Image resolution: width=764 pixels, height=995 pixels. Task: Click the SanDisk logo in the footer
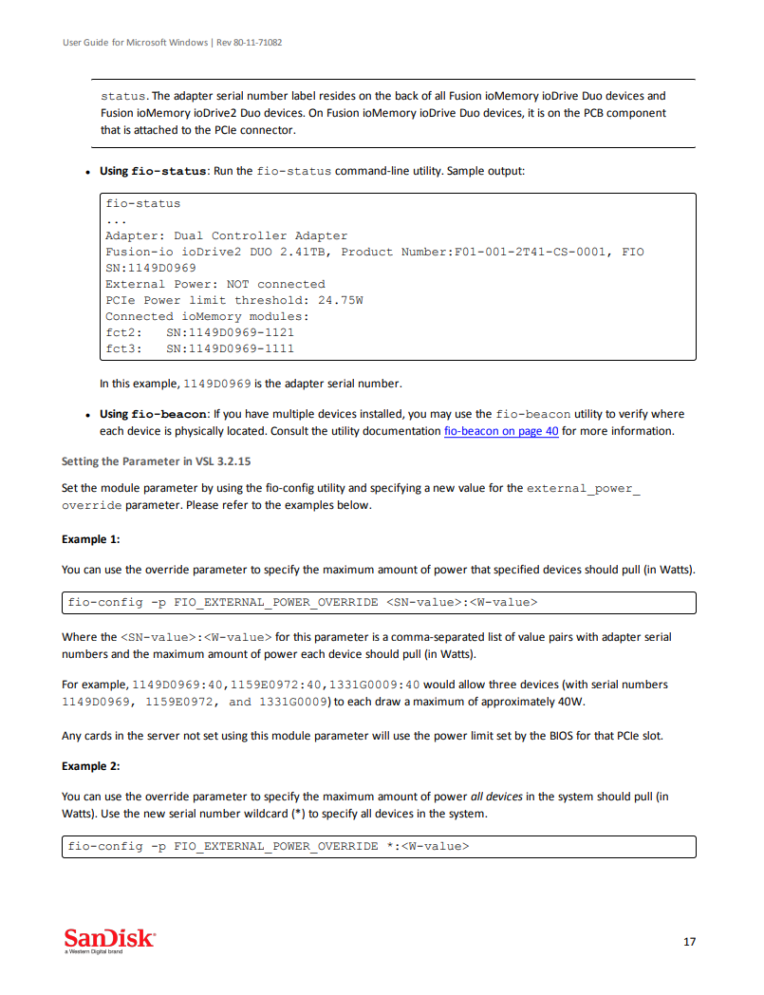[x=108, y=939]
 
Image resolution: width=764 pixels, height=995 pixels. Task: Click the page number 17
[x=689, y=942]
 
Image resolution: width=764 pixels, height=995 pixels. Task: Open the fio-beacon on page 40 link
[x=501, y=431]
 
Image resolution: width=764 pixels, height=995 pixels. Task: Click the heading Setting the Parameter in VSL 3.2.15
[x=157, y=461]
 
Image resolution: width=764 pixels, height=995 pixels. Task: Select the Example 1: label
[x=91, y=539]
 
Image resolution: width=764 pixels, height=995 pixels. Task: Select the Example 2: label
[x=91, y=765]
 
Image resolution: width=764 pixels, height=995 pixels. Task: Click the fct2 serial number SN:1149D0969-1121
[x=230, y=332]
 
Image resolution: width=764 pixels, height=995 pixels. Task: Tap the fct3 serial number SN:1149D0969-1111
[x=230, y=348]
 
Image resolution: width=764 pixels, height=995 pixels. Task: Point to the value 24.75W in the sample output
[x=341, y=300]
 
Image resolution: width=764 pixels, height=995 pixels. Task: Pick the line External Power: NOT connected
[x=214, y=284]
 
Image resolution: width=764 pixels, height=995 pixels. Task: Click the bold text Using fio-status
[x=153, y=171]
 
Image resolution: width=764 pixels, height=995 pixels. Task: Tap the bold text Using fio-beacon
[x=153, y=414]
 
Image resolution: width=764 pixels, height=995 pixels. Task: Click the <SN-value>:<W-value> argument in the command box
[x=462, y=602]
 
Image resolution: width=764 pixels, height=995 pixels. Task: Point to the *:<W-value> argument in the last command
[x=427, y=846]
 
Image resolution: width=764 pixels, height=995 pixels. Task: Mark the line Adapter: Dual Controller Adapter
[x=226, y=235]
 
